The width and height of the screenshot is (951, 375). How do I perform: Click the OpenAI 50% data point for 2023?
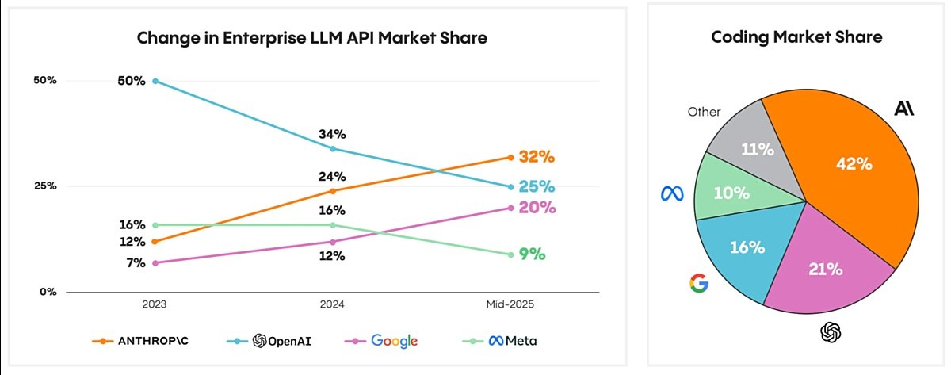point(155,81)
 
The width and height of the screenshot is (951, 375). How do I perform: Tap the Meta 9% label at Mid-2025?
point(531,254)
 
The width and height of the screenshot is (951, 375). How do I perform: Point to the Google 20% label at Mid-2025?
point(537,208)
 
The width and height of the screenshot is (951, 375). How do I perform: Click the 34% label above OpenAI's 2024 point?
point(332,134)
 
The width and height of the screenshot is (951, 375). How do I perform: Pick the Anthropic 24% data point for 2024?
point(332,191)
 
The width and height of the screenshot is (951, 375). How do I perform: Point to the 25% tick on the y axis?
point(44,186)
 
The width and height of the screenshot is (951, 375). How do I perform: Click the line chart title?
point(311,38)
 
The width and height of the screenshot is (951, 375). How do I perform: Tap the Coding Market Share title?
point(796,37)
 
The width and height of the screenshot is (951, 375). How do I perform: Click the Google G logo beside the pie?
point(698,283)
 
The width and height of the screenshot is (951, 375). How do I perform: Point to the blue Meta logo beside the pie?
point(672,193)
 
